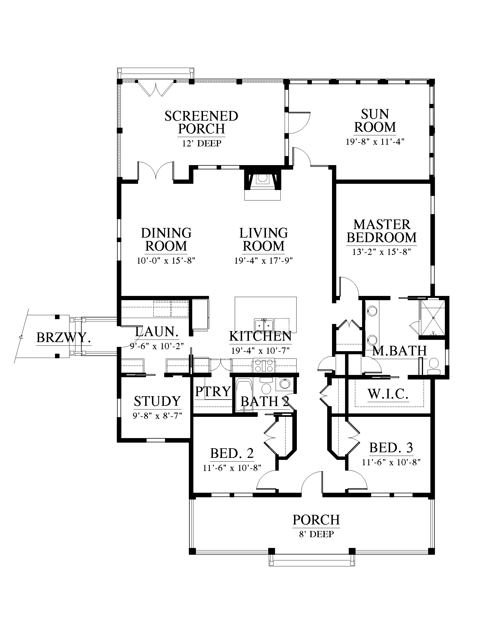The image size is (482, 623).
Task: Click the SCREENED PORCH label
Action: pyautogui.click(x=201, y=122)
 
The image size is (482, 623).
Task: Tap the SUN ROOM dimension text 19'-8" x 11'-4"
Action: pyautogui.click(x=375, y=142)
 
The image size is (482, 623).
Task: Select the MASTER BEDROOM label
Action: pyautogui.click(x=382, y=231)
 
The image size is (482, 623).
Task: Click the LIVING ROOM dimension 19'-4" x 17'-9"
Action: pyautogui.click(x=264, y=261)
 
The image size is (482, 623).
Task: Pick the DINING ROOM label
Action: pyautogui.click(x=166, y=240)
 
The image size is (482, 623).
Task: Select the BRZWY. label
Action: pyautogui.click(x=64, y=338)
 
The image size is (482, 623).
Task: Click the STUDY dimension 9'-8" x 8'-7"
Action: pyautogui.click(x=157, y=416)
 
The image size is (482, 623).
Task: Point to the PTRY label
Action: pyautogui.click(x=213, y=391)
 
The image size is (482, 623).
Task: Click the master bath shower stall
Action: pyautogui.click(x=432, y=317)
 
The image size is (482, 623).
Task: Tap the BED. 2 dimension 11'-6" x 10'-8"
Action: pyautogui.click(x=232, y=468)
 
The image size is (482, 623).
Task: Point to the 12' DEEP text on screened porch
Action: pyautogui.click(x=202, y=143)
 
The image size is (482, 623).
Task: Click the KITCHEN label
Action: pyautogui.click(x=260, y=336)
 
